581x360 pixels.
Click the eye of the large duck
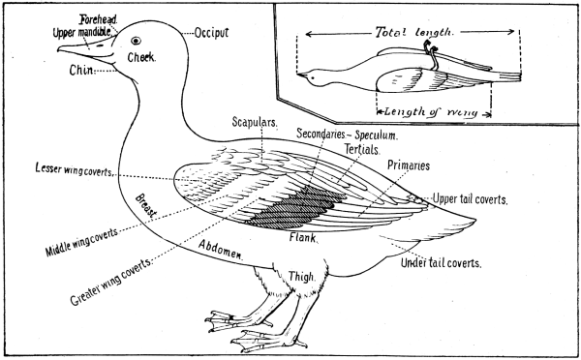pos(136,41)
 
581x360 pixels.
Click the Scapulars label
pos(255,123)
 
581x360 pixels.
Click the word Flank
pos(303,235)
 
